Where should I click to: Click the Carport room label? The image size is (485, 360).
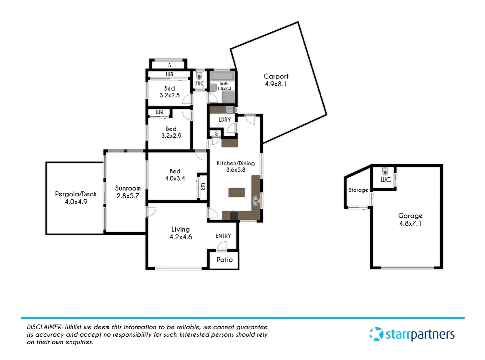276,76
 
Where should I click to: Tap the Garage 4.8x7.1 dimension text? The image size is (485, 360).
410,224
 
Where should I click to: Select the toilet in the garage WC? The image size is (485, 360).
385,171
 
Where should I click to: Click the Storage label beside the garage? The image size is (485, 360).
358,190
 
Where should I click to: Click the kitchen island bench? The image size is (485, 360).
237,192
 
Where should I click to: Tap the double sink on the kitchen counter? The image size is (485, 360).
256,201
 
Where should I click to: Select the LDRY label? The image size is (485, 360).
225,120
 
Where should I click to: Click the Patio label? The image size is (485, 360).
225,260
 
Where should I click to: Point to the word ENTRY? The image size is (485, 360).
223,236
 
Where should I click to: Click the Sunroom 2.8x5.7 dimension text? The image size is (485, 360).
128,196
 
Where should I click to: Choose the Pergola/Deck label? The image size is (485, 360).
76,194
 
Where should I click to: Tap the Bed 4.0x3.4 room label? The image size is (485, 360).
175,171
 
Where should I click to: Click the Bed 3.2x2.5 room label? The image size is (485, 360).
170,89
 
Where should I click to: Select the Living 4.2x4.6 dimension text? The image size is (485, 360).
181,237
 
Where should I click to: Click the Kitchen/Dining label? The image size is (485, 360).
236,163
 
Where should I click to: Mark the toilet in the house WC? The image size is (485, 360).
199,75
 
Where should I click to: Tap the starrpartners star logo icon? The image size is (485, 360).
376,334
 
